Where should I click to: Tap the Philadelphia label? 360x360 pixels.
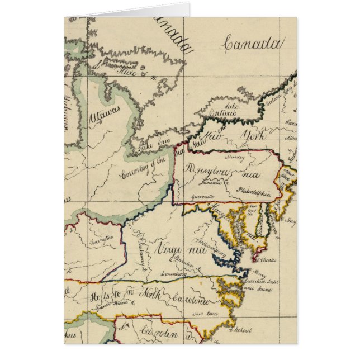(x=254, y=193)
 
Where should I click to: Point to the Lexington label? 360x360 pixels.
(x=95, y=239)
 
